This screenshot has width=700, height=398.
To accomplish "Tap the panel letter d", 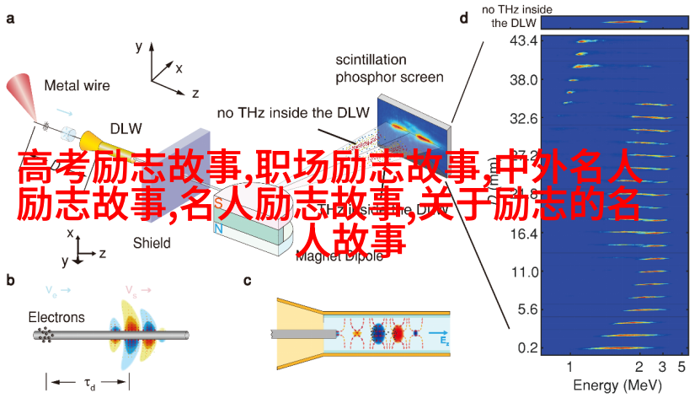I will pos(464,17).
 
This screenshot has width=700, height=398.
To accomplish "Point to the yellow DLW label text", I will pos(126,128).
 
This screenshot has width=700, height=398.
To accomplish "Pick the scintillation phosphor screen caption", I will pos(389,68).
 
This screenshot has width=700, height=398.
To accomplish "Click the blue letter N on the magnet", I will pos(218,228).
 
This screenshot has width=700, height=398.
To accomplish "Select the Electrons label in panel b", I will pos(56,318).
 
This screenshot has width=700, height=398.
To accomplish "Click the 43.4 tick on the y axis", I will pos(523,40).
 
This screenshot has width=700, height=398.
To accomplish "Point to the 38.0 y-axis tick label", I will pos(523,79).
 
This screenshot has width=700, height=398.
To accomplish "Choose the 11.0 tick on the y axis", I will pos(523,271).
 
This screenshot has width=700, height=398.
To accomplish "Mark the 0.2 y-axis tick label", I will pos(526,347).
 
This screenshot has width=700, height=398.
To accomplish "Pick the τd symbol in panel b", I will pos(88,385).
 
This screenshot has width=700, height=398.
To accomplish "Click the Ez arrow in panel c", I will pos(443,336).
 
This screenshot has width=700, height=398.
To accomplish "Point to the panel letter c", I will pos(248,282).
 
